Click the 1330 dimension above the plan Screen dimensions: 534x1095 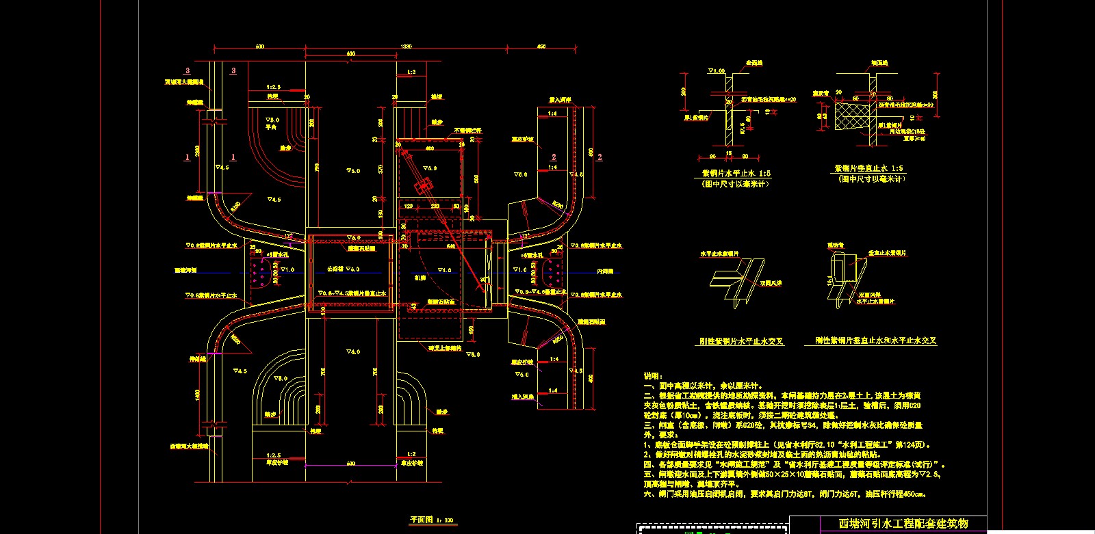(407, 46)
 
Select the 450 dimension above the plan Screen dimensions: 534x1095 (541, 46)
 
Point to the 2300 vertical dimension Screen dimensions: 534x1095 (198, 150)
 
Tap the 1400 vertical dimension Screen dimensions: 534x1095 (198, 395)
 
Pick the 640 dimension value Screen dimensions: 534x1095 (451, 246)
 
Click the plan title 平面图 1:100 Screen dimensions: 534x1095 (431, 520)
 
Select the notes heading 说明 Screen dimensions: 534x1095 (653, 375)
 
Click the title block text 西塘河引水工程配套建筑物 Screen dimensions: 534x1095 (903, 524)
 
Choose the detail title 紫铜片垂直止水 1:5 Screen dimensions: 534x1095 (868, 168)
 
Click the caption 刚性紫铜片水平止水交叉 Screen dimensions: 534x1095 (741, 341)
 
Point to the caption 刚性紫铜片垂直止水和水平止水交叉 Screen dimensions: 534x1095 (875, 340)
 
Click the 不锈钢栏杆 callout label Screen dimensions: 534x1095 (467, 130)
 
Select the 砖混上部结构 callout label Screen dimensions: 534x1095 (444, 348)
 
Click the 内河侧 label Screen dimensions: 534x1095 (605, 271)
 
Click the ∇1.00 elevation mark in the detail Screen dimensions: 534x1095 (716, 71)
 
